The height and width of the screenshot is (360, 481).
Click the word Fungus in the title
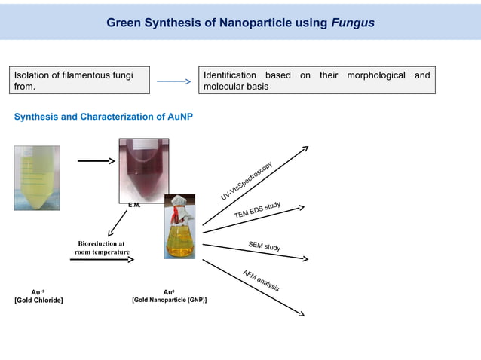353,23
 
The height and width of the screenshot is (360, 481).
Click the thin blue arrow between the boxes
175,81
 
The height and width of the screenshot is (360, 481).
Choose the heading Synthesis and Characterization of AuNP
103,117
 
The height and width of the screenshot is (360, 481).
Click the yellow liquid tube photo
36,178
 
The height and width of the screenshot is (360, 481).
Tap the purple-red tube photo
144,169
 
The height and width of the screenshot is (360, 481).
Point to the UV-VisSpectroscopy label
247,181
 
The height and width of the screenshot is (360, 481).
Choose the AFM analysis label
262,280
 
